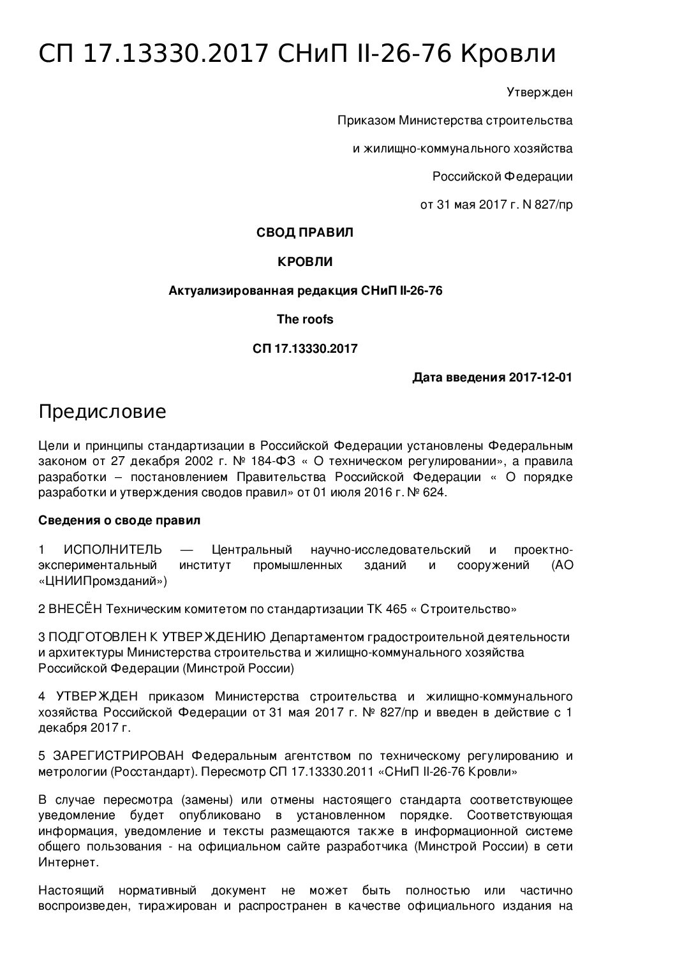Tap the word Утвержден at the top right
[539, 93]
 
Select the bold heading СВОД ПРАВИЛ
[304, 233]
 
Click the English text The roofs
[304, 319]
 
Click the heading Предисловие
[102, 412]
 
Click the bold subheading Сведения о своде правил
[119, 521]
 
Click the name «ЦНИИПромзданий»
[103, 581]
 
